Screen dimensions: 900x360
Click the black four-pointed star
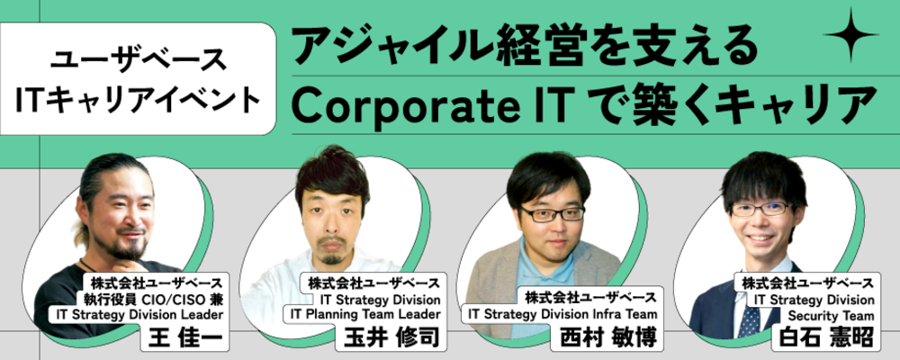[850, 35]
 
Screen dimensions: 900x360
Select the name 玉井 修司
[391, 337]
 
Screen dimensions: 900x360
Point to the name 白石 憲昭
[825, 337]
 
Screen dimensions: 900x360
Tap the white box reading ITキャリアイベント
[138, 78]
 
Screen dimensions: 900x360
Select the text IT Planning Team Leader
[365, 314]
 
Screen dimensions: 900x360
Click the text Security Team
[831, 316]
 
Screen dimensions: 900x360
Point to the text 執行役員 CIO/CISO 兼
[152, 299]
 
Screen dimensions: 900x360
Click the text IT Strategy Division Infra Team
[562, 314]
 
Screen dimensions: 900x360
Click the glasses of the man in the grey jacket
[552, 214]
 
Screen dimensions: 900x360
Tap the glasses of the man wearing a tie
[762, 209]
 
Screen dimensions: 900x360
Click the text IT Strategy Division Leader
[139, 314]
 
